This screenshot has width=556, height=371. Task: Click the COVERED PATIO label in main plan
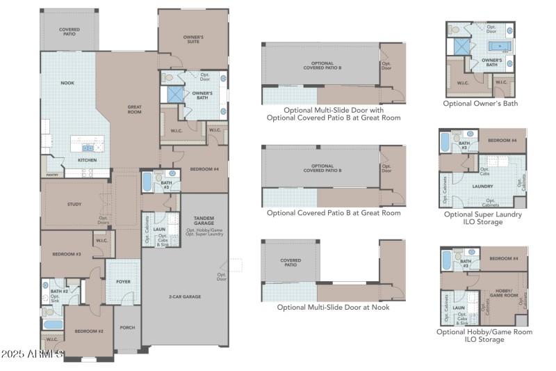pos(69,31)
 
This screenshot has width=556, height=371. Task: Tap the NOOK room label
pos(67,83)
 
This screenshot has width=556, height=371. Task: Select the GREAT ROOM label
pos(134,109)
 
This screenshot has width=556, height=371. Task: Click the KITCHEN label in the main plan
pos(87,160)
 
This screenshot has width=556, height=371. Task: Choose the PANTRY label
pos(52,175)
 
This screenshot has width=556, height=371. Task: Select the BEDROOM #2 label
pos(90,331)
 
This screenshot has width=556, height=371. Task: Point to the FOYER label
pos(124,283)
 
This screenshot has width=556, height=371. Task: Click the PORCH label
pos(127,327)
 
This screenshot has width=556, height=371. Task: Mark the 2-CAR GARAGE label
pos(184,297)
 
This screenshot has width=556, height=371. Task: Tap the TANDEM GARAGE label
pos(204,221)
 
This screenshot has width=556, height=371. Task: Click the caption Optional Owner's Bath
pos(480,104)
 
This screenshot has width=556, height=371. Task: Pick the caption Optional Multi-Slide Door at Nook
pos(333,307)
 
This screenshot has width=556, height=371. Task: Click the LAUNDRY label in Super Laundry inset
pos(482,186)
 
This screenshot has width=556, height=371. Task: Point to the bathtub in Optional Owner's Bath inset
pos(498,47)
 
